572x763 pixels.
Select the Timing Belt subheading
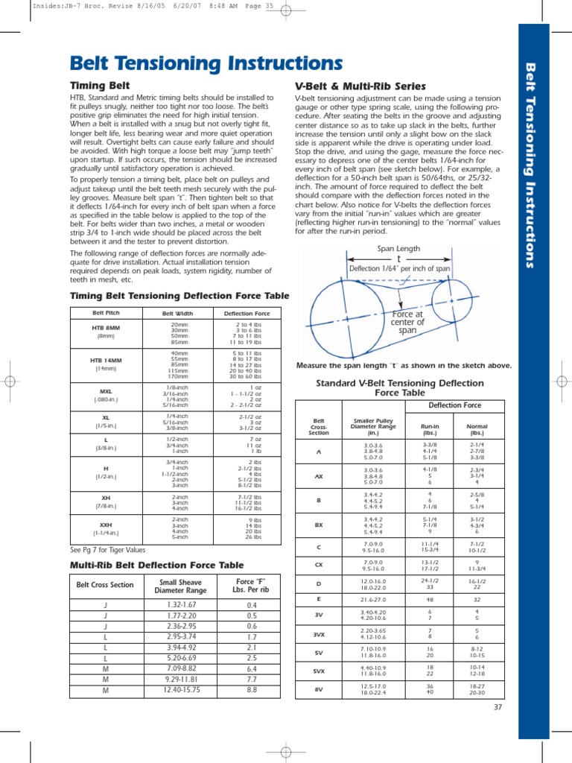point(100,86)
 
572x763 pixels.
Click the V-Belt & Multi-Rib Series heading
point(360,86)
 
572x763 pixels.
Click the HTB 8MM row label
point(101,328)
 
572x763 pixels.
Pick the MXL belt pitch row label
point(101,391)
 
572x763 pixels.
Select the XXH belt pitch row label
point(101,525)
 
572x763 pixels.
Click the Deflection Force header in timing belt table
point(247,313)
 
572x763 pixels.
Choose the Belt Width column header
point(178,313)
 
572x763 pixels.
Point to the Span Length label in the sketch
point(399,249)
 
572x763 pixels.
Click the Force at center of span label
point(407,322)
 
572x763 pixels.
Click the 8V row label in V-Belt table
point(318,689)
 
